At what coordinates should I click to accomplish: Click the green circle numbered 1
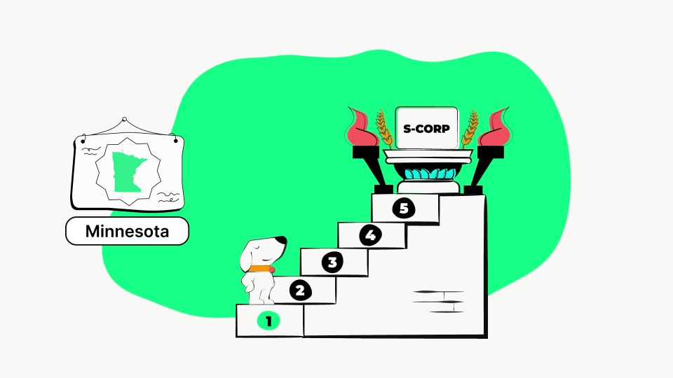click(268, 321)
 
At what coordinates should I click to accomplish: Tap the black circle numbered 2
click(301, 290)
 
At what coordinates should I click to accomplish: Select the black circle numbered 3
click(332, 262)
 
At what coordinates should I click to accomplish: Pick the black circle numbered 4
click(370, 235)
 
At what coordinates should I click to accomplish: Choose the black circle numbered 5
click(404, 208)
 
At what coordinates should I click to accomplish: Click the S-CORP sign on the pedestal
click(426, 128)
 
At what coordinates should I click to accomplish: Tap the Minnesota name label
click(127, 231)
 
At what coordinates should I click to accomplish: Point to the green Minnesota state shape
click(128, 171)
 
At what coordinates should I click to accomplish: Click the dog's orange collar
click(259, 269)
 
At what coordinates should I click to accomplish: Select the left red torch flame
click(362, 127)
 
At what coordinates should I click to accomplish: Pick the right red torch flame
click(494, 127)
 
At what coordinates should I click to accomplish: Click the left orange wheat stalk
click(384, 129)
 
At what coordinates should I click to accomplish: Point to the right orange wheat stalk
click(470, 129)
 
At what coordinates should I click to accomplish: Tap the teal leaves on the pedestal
click(430, 174)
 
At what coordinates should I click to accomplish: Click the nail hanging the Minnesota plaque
click(125, 119)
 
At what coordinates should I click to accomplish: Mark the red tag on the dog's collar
click(272, 269)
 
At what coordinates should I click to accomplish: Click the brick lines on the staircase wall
click(438, 301)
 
